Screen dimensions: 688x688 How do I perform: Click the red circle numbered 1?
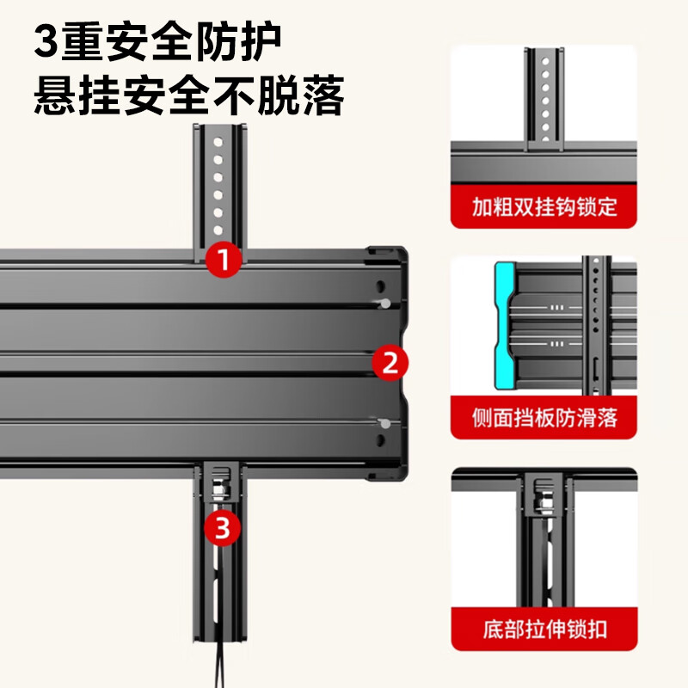[223, 259]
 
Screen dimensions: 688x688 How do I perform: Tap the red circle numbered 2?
[390, 363]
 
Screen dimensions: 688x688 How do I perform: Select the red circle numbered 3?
[222, 527]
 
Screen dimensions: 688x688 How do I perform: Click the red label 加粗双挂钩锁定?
[544, 208]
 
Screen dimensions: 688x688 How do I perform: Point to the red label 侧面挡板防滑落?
[544, 419]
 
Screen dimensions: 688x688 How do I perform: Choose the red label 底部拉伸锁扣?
[544, 629]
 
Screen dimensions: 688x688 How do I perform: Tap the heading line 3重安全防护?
[159, 40]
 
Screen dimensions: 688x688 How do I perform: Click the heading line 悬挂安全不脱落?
[189, 96]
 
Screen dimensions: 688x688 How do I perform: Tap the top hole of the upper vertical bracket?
[218, 139]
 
